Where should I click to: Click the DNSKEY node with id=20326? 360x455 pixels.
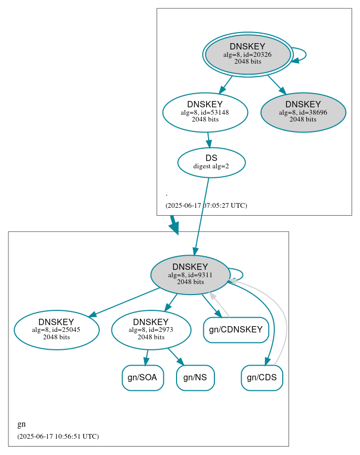[248, 55]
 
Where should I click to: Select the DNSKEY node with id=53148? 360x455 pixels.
[205, 112]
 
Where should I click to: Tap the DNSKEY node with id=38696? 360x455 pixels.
[303, 112]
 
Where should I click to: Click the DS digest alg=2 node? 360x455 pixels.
[211, 163]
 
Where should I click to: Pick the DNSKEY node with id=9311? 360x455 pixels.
[190, 275]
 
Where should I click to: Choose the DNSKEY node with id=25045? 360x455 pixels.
[57, 330]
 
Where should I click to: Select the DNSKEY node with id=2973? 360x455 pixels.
[151, 330]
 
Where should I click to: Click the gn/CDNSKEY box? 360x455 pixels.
[236, 330]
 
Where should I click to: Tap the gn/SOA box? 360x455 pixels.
[143, 378]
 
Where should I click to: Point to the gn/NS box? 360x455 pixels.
[195, 378]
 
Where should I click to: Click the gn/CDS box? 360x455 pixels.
[262, 378]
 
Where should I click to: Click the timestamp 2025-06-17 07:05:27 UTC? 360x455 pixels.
[206, 206]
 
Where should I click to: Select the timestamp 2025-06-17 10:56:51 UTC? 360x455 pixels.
[58, 437]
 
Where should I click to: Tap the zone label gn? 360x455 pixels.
[22, 424]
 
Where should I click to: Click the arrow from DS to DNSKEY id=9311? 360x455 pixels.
[202, 216]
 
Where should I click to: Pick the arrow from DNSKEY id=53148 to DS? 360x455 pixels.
[209, 139]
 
